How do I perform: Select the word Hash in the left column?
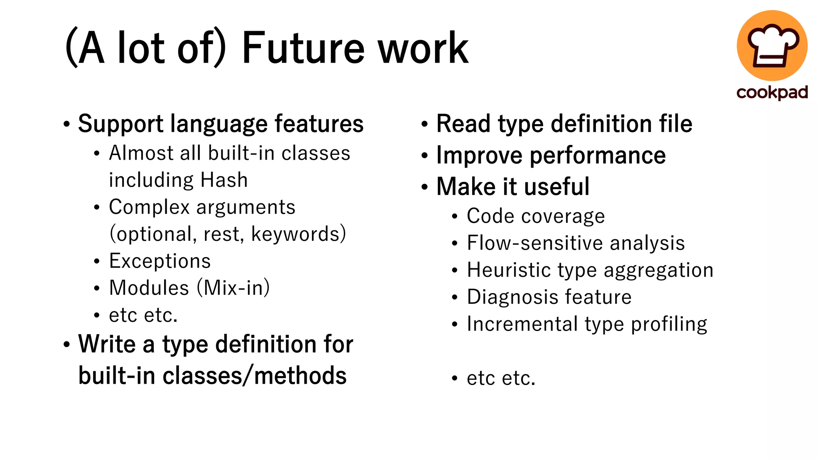point(224,180)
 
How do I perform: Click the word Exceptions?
point(160,261)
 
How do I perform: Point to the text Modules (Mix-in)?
point(189,288)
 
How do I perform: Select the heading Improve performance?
point(551,155)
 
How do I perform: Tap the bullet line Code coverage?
point(536,216)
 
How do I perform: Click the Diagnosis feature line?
point(549,297)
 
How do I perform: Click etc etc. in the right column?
point(501,378)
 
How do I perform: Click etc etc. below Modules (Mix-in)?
point(143,315)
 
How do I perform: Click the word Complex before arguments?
point(149,207)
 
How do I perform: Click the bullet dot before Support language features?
point(67,124)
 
